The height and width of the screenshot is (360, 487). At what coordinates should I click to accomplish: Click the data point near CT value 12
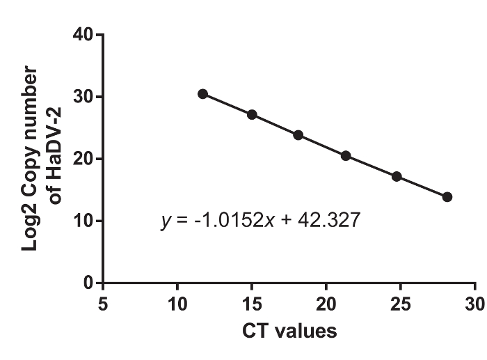(202, 94)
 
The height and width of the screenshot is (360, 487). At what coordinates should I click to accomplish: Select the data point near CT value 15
(252, 114)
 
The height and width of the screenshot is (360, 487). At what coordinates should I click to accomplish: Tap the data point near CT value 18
(298, 135)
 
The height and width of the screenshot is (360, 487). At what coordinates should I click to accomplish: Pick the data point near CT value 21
(346, 156)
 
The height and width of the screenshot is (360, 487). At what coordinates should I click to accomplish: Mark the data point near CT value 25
(397, 176)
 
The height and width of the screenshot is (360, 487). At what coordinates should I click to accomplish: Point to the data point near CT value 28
(447, 197)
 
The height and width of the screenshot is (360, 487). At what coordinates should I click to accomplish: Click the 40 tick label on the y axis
(85, 34)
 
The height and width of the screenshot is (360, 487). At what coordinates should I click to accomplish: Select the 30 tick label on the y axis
(85, 97)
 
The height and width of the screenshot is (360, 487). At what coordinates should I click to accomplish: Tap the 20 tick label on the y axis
(85, 159)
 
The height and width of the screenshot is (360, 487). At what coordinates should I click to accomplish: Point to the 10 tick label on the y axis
(85, 221)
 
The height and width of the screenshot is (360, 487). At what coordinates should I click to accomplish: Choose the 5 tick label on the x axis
(103, 304)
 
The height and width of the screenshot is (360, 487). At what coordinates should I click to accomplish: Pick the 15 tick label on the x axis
(252, 304)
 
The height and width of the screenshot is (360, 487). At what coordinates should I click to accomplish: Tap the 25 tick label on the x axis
(401, 304)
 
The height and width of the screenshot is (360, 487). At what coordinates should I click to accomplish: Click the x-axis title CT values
(289, 330)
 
